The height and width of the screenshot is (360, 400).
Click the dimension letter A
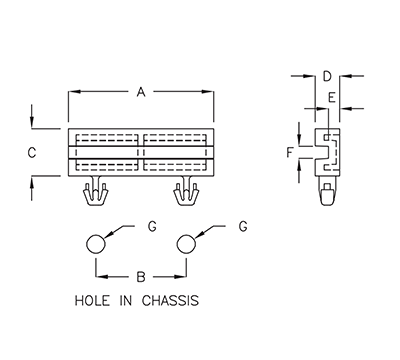pos(142,93)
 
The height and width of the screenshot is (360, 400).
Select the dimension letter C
pos(32,153)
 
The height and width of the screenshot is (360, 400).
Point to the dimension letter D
pos(327,76)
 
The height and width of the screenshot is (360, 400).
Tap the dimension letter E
pos(330,96)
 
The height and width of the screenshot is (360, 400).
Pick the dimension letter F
pos(290,153)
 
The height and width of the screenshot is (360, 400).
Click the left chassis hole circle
pos(96,244)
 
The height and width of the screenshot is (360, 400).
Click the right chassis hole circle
pos(186,244)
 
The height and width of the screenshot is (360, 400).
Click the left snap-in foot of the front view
pos(96,194)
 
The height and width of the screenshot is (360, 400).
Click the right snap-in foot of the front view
pos(186,194)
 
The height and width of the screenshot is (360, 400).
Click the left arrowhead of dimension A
pos(71,93)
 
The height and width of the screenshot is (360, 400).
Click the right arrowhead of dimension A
pos(210,93)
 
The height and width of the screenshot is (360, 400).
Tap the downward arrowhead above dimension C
pos(32,124)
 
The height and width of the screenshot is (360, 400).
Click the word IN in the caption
pos(126,300)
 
